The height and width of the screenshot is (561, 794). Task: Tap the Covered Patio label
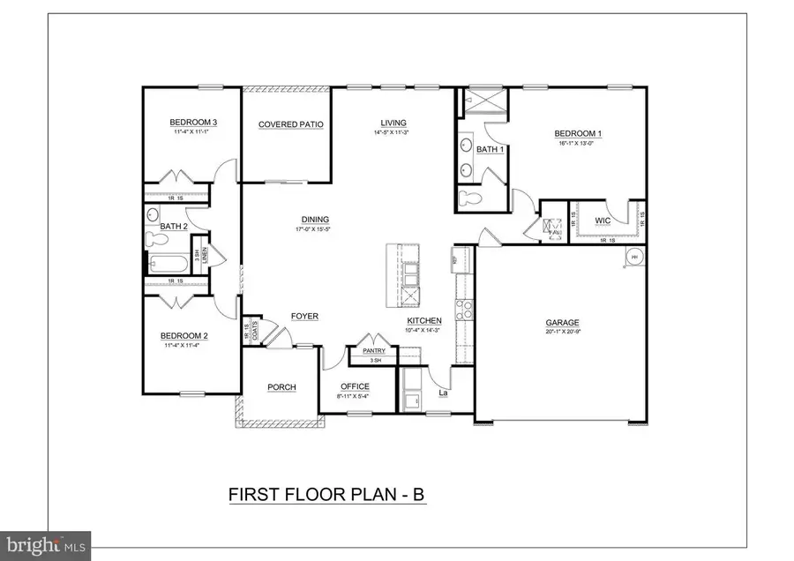[290, 124]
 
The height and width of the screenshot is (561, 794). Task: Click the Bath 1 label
[489, 149]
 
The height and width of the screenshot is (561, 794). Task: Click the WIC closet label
[603, 220]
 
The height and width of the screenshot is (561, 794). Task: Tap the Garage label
[560, 323]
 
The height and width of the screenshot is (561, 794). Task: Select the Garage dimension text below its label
[560, 333]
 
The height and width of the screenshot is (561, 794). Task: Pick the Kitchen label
[423, 320]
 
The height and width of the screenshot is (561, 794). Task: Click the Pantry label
[375, 350]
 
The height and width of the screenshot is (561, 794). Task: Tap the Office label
[355, 386]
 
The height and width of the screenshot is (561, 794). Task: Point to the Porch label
[282, 387]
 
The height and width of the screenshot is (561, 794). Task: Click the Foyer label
[304, 316]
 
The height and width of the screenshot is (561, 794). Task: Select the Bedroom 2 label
[184, 335]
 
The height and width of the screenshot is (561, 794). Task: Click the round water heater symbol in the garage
[633, 258]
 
